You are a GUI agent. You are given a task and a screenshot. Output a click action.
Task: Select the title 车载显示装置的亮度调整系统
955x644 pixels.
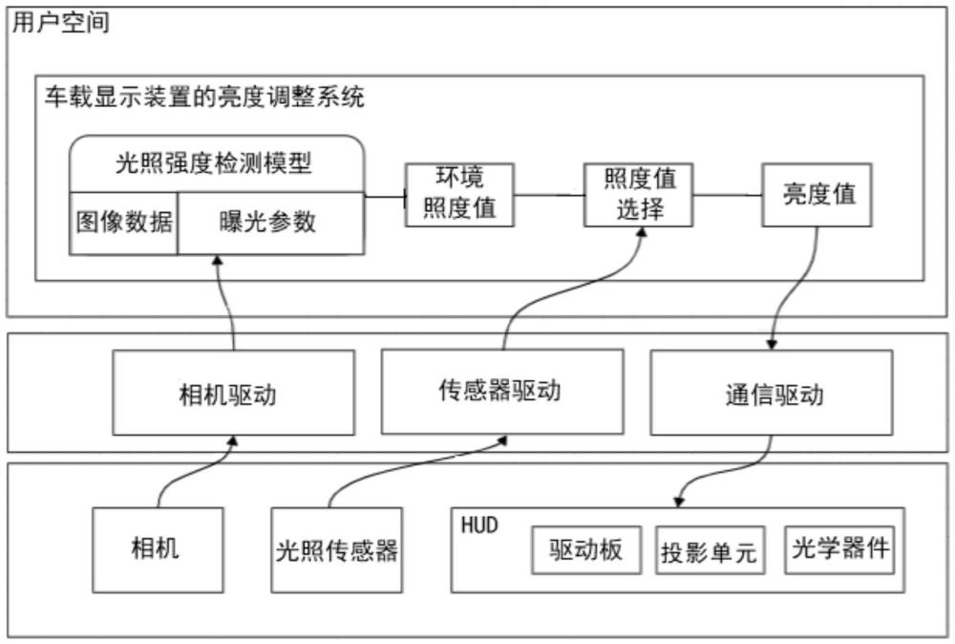[204, 97]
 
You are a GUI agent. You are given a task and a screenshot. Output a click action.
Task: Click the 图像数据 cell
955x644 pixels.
[124, 222]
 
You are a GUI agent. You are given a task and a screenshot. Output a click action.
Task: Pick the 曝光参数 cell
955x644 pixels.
[269, 222]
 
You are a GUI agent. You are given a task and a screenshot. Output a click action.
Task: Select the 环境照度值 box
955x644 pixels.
[459, 194]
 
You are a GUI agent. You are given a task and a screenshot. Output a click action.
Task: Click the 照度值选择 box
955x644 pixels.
[638, 194]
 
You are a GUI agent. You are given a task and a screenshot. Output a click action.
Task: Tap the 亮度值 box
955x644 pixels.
[817, 194]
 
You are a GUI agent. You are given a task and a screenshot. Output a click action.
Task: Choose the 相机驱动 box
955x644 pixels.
[233, 394]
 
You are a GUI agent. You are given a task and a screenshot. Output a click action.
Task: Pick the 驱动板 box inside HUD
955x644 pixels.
[586, 548]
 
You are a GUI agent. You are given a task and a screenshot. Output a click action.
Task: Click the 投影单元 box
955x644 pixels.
[708, 551]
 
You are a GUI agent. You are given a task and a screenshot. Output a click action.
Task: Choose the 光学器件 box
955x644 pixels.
[840, 548]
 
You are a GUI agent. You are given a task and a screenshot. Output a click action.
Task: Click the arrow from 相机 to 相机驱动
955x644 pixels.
[191, 473]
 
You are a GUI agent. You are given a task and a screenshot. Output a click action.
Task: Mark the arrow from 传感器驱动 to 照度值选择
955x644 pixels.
[563, 291]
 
